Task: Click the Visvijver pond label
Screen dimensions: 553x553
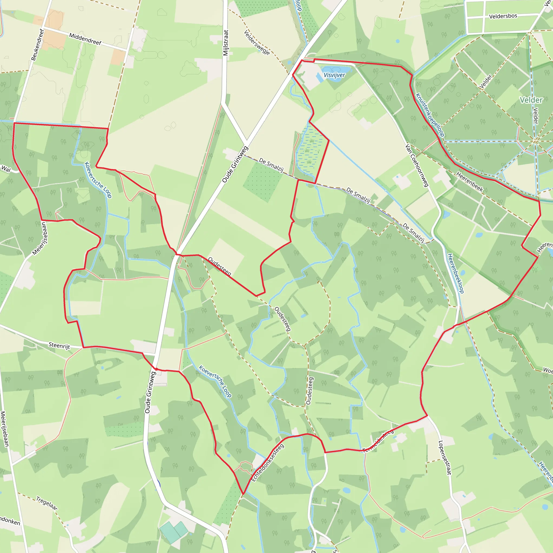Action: pos(334,75)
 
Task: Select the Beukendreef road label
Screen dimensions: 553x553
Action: pos(38,45)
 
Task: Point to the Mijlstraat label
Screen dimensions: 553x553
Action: pos(226,43)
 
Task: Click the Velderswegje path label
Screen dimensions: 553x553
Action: pos(257,42)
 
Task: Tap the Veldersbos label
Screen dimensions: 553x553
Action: pos(503,16)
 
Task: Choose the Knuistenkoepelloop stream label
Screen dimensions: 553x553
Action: pos(430,115)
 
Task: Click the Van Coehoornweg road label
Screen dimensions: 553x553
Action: pos(417,166)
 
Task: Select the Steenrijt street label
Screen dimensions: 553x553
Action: pos(59,345)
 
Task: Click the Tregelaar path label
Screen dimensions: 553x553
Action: pos(47,503)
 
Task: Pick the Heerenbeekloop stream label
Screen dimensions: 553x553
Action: pos(456,273)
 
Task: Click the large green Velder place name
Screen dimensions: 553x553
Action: pos(531,100)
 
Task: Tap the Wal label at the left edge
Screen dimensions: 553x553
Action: pos(6,169)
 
